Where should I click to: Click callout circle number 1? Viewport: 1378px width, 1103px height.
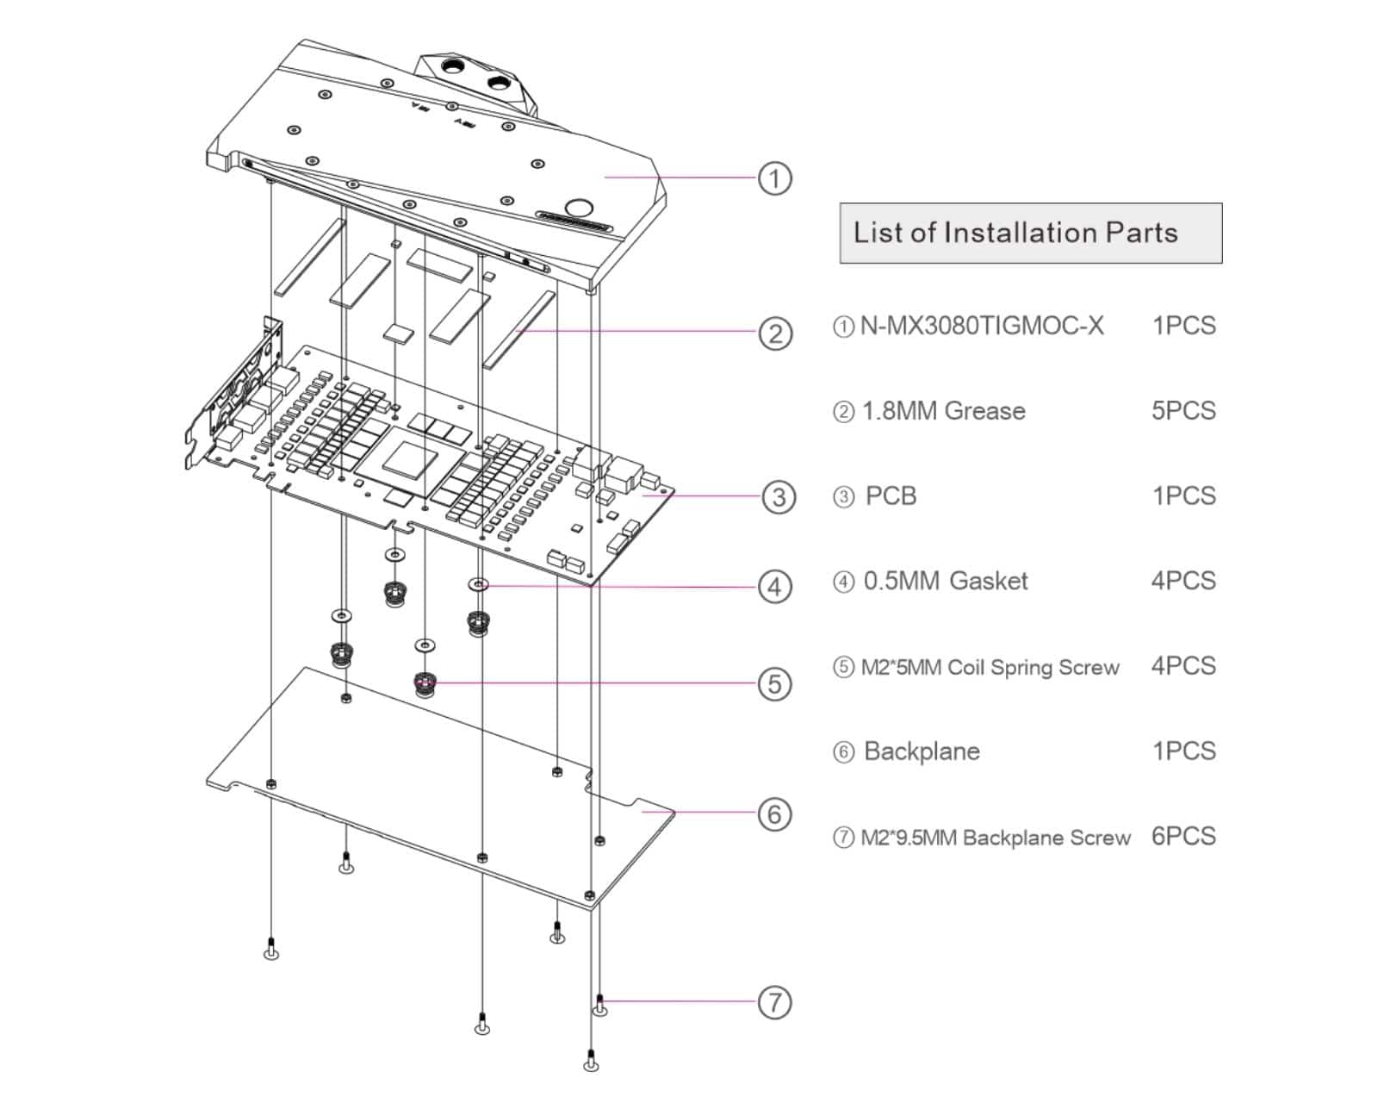click(774, 178)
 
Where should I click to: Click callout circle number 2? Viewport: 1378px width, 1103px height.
click(775, 333)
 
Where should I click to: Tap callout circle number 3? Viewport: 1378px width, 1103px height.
click(779, 496)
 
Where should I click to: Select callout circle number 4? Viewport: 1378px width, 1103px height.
click(775, 587)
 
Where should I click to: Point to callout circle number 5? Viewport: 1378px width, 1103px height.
click(775, 684)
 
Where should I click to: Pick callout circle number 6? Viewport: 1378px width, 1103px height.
click(775, 813)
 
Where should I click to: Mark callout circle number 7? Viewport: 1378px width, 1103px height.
click(775, 1002)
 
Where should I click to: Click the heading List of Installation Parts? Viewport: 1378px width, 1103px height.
click(1015, 233)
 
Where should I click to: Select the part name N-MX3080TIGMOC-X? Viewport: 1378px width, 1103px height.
click(982, 326)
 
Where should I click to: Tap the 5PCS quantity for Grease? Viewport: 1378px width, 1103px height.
click(1183, 410)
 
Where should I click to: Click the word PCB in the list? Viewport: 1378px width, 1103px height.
click(891, 496)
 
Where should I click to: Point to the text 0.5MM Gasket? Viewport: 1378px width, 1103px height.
click(946, 581)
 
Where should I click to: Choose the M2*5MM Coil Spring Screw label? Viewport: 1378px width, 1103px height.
click(990, 667)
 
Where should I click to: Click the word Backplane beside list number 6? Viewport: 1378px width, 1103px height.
click(922, 751)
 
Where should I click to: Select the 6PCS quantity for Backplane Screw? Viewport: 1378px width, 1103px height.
click(1183, 836)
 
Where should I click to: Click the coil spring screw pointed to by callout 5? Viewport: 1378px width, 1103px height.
click(425, 685)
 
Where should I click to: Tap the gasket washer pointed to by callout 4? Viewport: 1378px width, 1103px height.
click(479, 585)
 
